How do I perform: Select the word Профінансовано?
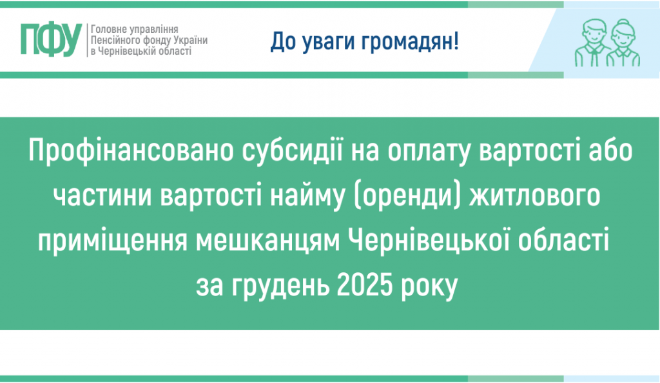tap(132, 153)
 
